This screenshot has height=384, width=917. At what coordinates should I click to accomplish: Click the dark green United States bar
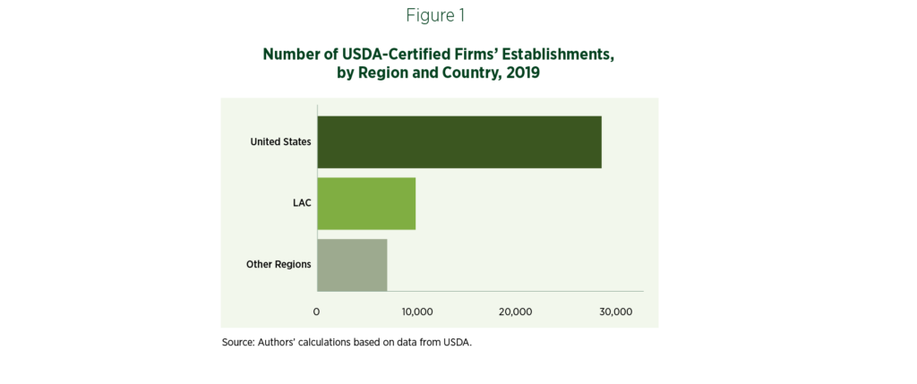click(x=458, y=141)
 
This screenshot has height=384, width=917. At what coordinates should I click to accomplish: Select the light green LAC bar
click(x=365, y=203)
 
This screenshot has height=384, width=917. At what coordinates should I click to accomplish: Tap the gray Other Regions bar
click(x=351, y=264)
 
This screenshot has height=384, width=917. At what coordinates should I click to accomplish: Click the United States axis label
click(x=281, y=141)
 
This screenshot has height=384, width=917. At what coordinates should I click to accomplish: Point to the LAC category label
click(x=302, y=203)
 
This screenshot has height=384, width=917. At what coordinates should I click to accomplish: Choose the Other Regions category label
click(x=279, y=264)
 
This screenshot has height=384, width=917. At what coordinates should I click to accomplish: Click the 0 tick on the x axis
click(x=316, y=311)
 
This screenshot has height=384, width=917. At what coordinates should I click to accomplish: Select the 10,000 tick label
click(x=416, y=311)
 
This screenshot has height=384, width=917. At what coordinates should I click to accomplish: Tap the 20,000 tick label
click(x=516, y=311)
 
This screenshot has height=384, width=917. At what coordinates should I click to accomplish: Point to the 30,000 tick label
click(x=615, y=311)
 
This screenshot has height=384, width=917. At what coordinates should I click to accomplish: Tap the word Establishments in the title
click(x=554, y=55)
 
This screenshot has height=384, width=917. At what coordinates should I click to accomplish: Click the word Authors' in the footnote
click(x=278, y=342)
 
